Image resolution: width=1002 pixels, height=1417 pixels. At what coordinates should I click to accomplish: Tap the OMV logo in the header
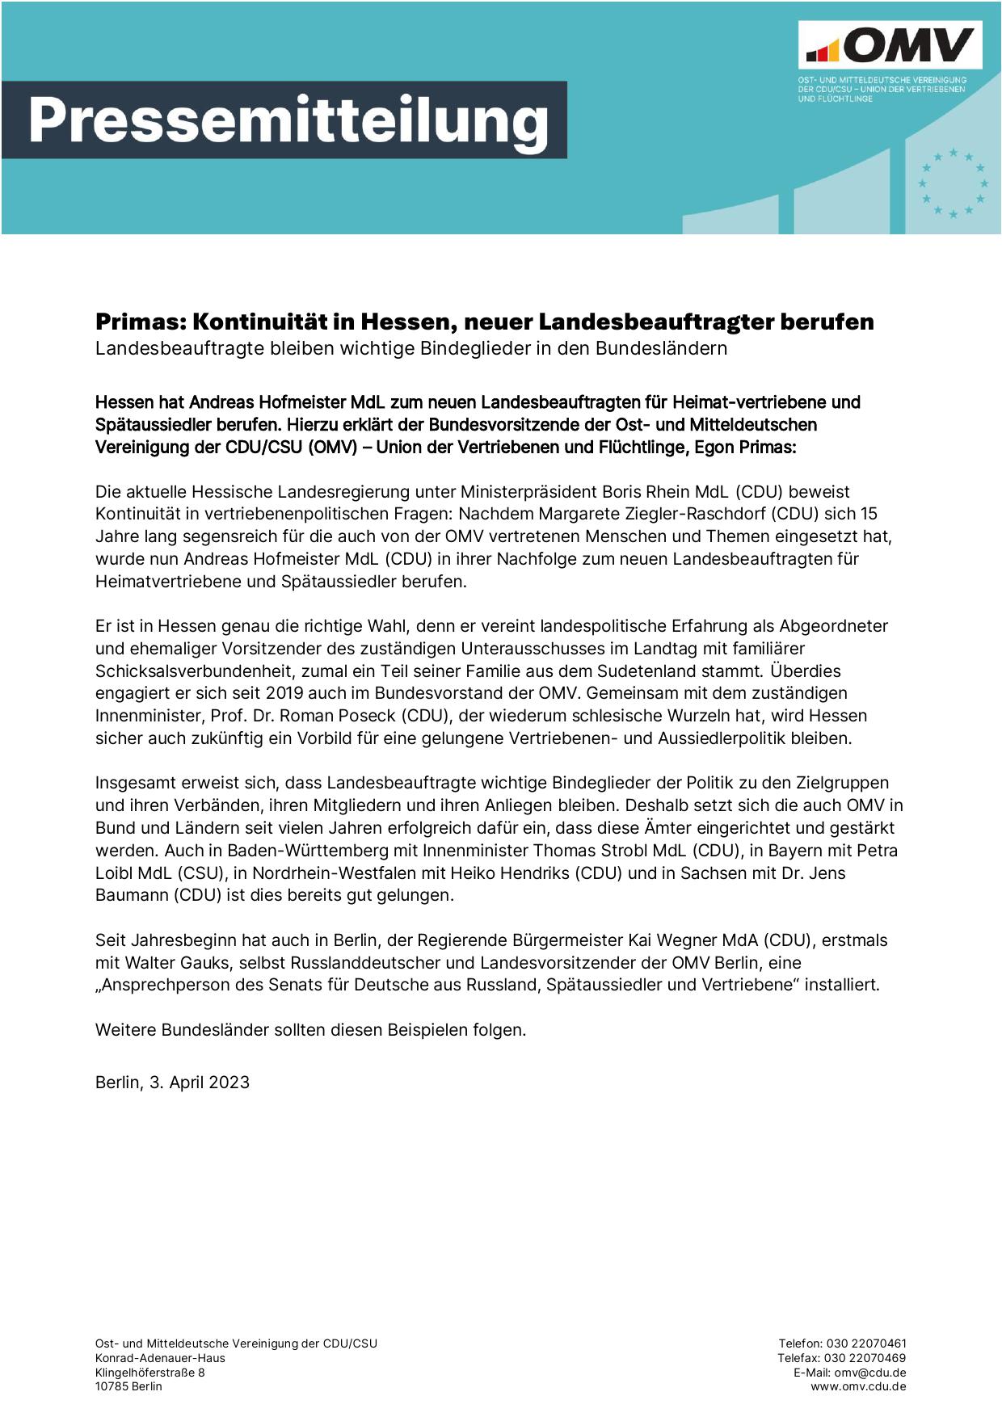[x=890, y=45]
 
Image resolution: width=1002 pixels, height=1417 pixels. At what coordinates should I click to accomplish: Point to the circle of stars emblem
[x=953, y=183]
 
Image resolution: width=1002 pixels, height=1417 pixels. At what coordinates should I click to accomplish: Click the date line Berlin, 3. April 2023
[x=172, y=1083]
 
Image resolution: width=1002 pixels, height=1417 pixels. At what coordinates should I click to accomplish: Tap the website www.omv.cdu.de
[x=858, y=1387]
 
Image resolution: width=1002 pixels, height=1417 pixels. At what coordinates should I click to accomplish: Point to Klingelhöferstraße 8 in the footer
[x=150, y=1373]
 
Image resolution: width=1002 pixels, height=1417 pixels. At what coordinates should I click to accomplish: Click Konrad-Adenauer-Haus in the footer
[x=160, y=1358]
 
